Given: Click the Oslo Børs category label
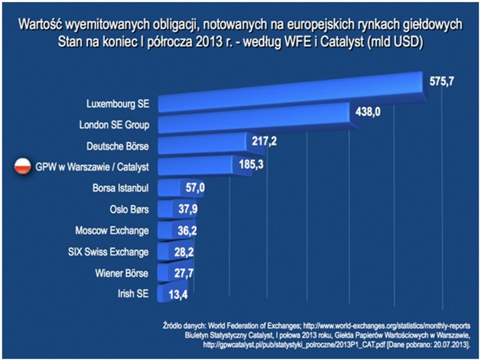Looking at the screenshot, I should (129, 209).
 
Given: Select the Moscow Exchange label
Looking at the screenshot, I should (112, 231).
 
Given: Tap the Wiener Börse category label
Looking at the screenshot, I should (122, 273).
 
